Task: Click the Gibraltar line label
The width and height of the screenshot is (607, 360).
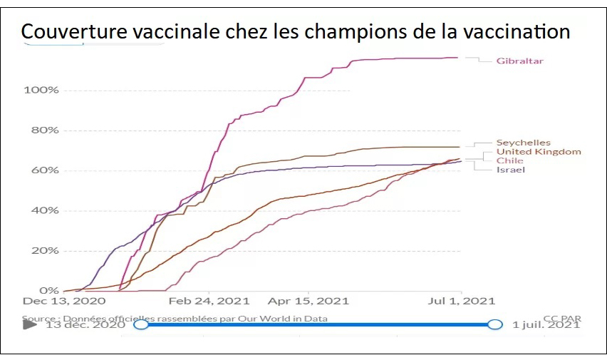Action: click(520, 61)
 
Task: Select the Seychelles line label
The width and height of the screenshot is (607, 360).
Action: click(523, 143)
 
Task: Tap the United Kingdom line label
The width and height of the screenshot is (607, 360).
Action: click(538, 152)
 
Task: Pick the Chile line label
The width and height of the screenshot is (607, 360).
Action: click(509, 161)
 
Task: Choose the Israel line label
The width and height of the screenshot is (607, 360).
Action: click(510, 170)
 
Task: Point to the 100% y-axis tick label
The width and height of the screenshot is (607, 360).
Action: click(41, 91)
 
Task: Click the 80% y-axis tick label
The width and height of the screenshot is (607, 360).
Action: click(44, 130)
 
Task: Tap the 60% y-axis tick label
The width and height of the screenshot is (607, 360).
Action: click(44, 170)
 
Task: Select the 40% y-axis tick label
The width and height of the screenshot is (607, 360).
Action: click(44, 210)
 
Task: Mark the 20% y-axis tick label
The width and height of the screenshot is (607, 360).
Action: click(44, 250)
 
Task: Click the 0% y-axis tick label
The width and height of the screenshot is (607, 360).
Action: click(48, 290)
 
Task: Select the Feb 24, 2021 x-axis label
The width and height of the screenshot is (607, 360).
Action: click(209, 302)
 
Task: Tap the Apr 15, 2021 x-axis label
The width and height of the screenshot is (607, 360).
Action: click(308, 302)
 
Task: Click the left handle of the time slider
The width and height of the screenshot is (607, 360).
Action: click(141, 324)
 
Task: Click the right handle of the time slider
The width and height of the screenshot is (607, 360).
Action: click(495, 324)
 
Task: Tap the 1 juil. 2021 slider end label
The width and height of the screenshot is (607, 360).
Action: click(546, 325)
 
